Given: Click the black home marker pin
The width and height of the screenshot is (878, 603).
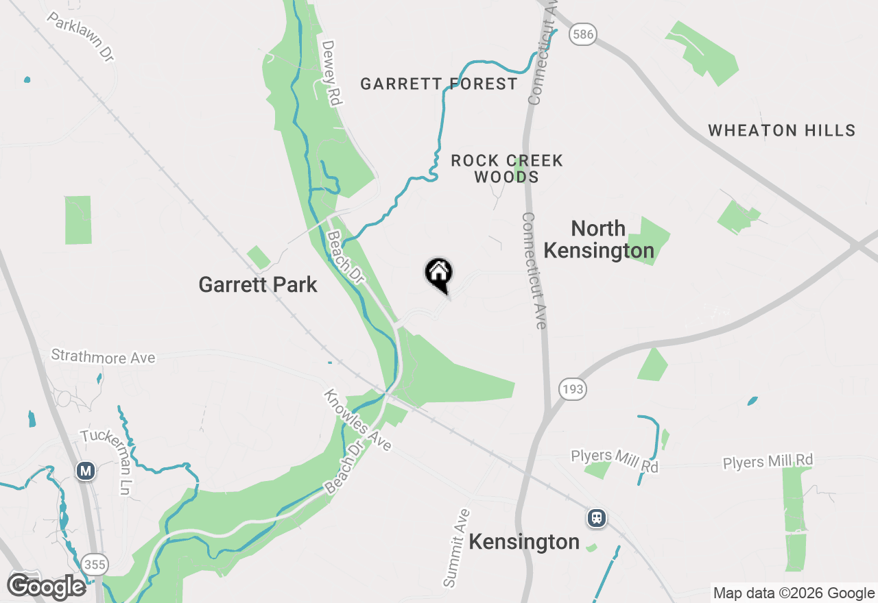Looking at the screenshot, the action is (438, 275).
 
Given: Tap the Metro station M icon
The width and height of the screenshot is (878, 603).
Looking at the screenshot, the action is (85, 471).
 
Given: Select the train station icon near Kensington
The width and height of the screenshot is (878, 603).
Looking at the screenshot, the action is (597, 518).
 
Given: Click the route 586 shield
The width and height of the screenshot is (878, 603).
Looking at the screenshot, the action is (583, 34).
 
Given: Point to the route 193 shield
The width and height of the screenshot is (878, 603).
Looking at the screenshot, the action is (571, 389).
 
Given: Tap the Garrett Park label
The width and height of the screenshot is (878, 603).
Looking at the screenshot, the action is (258, 284).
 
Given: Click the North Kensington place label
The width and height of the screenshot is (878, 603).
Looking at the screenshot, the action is (599, 239).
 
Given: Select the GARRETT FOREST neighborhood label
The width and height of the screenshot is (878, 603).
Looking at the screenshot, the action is (439, 84).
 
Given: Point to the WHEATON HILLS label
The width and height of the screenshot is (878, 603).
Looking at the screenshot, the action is (782, 130).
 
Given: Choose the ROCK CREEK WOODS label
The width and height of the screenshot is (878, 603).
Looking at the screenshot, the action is (507, 169).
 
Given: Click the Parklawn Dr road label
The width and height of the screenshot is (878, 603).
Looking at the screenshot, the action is (80, 37).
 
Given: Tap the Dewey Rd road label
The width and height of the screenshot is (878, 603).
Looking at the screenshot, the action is (331, 73).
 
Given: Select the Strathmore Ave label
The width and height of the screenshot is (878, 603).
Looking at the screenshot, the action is (104, 357).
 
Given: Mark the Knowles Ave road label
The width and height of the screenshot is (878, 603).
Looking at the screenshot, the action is (357, 421).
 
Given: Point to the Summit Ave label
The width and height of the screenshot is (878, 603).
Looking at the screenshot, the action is (458, 547).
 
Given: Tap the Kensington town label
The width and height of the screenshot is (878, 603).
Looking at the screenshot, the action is (524, 542).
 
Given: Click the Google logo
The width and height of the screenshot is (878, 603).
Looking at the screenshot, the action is (47, 587).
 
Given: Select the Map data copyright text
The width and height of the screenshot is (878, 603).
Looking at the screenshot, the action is (794, 593).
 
